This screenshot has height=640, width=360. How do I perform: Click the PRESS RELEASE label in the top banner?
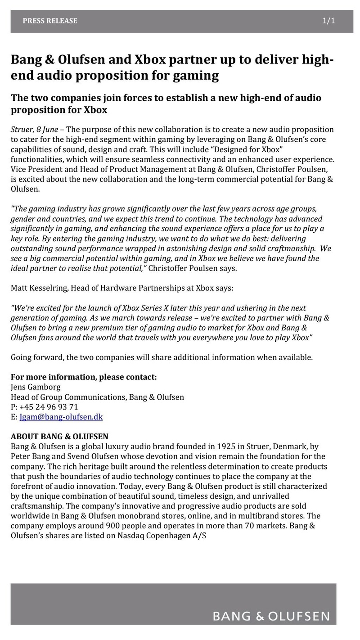coord(50,21)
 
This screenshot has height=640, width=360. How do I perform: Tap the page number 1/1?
coord(328,21)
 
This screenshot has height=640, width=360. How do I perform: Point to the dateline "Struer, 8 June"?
coord(34,130)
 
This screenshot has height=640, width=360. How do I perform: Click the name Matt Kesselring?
coord(39,288)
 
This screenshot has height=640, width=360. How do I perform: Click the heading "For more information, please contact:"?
coord(84,377)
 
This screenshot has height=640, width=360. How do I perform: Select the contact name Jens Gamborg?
coord(36,387)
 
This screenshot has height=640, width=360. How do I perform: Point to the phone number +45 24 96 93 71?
coord(49,407)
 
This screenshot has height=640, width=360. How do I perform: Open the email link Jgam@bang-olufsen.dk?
coord(61,417)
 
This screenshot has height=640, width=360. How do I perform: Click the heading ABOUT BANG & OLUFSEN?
coord(59,437)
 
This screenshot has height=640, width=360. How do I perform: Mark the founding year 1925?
coord(226,446)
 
